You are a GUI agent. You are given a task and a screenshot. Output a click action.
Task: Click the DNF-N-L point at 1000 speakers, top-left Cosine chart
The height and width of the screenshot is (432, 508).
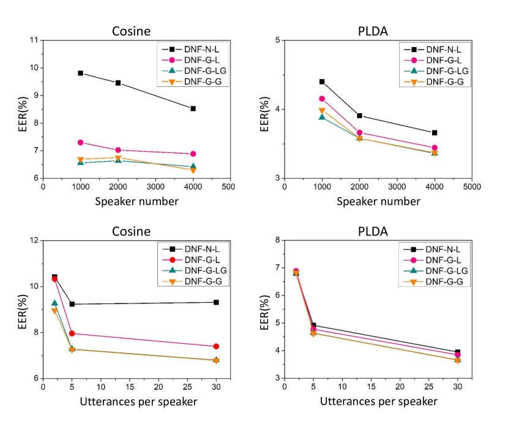(80, 73)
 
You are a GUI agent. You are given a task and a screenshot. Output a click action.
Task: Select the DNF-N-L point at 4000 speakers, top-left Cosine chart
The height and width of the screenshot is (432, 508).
(193, 108)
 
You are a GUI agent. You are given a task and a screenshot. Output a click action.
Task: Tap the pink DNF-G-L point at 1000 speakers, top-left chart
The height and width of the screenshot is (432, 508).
(80, 143)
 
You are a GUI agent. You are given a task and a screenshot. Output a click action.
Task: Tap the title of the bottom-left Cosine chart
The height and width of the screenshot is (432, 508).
(131, 231)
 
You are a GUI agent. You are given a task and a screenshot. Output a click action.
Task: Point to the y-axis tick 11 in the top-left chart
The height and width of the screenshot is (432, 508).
(34, 40)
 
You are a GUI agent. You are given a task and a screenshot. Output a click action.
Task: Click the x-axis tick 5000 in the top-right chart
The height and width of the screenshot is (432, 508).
(471, 186)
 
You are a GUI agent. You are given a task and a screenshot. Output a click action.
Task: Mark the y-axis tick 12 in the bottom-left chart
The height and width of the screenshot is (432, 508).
(34, 240)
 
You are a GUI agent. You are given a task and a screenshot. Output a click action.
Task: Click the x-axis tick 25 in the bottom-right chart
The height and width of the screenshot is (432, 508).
(428, 387)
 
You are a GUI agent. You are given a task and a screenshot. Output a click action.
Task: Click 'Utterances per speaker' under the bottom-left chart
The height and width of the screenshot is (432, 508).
(138, 401)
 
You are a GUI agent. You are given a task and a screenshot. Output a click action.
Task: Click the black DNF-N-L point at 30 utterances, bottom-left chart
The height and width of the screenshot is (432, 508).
(216, 302)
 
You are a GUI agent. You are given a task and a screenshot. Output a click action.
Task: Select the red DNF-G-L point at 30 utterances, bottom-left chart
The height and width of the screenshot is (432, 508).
(216, 346)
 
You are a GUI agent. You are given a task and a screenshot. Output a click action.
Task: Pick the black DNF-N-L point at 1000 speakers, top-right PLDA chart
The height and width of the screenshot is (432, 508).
(322, 81)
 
